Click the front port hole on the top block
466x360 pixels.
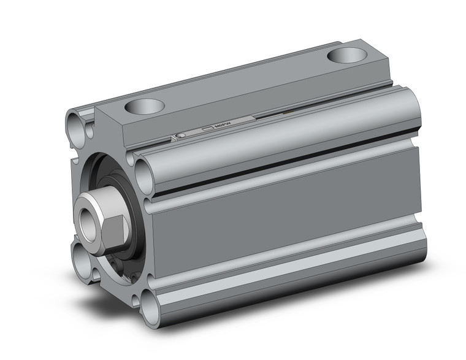(x=145, y=107)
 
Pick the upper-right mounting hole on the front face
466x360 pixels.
(x=144, y=174)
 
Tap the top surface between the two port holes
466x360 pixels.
(x=245, y=83)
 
